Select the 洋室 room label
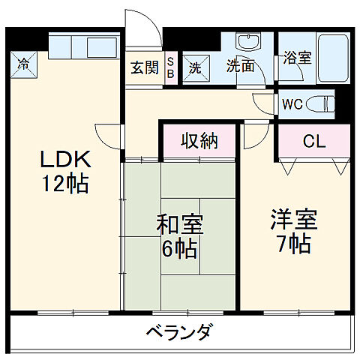(x=293, y=220)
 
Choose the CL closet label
(x=313, y=141)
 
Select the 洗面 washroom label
(x=241, y=66)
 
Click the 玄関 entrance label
(x=145, y=67)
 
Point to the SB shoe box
(x=170, y=67)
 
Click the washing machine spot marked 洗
(x=193, y=67)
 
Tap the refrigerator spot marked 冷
(x=25, y=63)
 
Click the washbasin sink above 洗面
(x=246, y=43)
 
